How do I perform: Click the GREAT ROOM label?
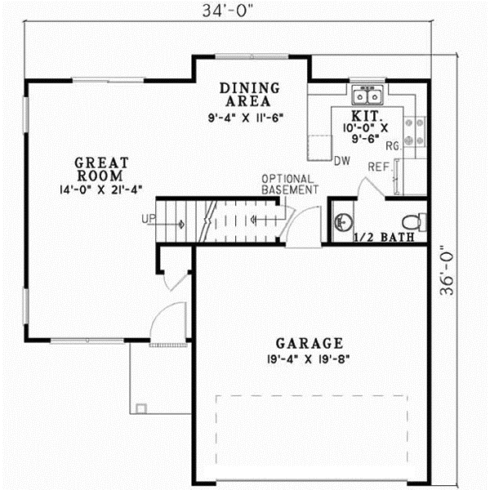coord(100,169)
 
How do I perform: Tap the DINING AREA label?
coord(251,95)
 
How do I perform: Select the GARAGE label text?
coord(297,343)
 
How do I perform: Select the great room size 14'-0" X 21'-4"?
coord(100,190)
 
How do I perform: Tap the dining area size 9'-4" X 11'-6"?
coord(245,118)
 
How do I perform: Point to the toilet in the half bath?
coord(414,220)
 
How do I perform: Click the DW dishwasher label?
coord(341,161)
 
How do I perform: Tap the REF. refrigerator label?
coord(377,167)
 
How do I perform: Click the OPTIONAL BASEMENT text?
coord(289,185)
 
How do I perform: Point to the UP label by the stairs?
coord(148,219)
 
